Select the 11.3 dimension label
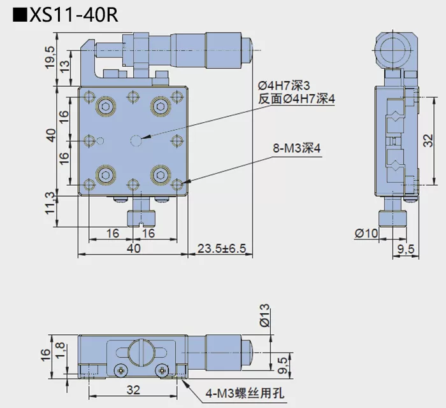50,206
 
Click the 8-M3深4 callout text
296,150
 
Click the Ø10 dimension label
366,234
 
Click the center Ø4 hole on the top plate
136,139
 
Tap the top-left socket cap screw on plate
104,106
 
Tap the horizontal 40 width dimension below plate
133,248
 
